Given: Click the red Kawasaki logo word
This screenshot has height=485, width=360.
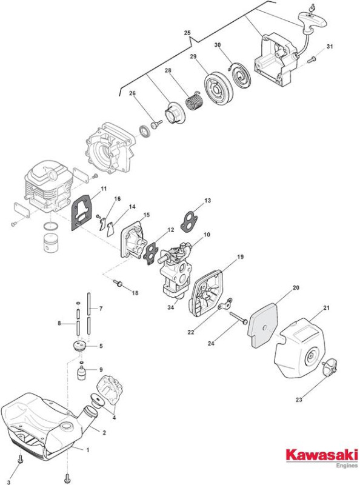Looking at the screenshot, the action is pos(322,455).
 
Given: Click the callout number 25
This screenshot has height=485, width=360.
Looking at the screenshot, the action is pos(187,33).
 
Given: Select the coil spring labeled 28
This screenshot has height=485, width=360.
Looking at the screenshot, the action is pos(194,101).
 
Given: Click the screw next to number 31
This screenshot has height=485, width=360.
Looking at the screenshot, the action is pos(312,59).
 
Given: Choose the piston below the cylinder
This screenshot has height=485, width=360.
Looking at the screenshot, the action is pos(51,243).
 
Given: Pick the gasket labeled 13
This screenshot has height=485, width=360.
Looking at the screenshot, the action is pos(189,221).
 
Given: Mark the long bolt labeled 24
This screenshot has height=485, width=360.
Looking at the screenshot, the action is pos(238,318).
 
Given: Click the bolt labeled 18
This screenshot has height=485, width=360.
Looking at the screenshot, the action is pos(118,283).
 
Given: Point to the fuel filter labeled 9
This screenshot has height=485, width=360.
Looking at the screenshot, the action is pos(81,371).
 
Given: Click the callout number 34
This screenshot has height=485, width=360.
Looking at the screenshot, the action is pos(171,307).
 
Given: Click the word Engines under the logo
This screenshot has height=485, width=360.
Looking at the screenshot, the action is pos(347,466).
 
